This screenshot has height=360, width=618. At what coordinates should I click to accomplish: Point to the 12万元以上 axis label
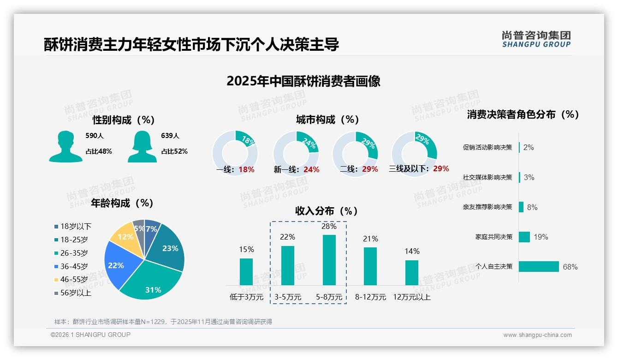411,297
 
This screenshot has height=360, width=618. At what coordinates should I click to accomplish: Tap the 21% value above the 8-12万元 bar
370,239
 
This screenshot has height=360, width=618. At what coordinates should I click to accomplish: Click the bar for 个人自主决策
539,266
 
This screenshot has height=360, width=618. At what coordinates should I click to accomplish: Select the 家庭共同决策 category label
493,237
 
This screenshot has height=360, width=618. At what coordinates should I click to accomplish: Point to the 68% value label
570,267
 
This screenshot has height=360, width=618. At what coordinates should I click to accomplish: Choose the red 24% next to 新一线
311,170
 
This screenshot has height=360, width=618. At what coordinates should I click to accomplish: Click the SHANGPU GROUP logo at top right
536,39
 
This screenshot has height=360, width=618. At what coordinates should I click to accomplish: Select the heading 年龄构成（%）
122,203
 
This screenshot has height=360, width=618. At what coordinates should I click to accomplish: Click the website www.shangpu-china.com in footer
537,335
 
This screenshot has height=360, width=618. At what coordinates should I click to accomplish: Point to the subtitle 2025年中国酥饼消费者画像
303,81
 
